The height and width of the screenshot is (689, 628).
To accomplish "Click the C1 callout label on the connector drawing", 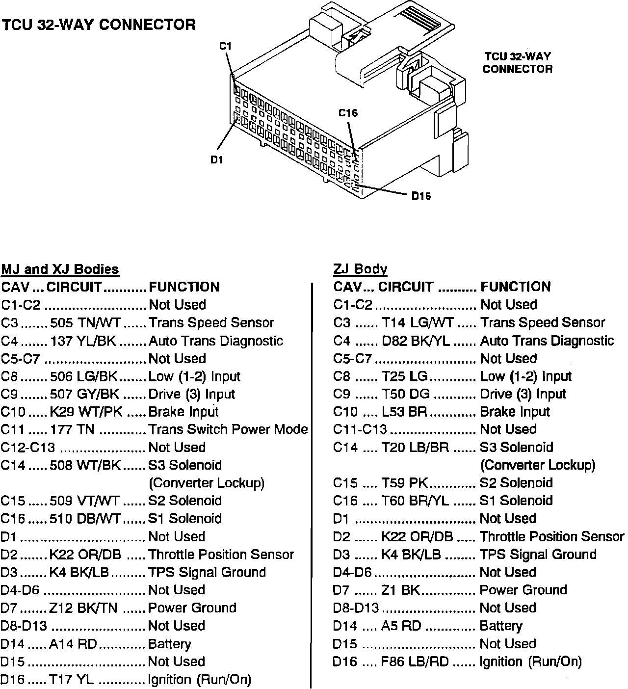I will pyautogui.click(x=225, y=47).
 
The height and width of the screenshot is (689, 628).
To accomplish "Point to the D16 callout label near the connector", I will pyautogui.click(x=421, y=196).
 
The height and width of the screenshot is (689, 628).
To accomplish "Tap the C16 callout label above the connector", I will pyautogui.click(x=348, y=113).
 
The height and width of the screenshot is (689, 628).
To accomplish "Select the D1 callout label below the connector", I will pyautogui.click(x=216, y=160).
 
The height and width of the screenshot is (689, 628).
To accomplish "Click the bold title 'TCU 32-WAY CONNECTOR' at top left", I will pyautogui.click(x=99, y=25).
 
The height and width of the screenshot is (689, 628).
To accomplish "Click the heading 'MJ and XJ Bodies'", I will pyautogui.click(x=60, y=269).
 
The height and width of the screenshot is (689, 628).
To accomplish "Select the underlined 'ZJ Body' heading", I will pyautogui.click(x=360, y=269).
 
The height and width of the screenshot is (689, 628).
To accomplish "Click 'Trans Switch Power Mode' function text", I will pyautogui.click(x=228, y=429).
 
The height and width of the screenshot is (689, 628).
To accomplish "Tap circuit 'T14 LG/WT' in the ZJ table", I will pyautogui.click(x=417, y=322).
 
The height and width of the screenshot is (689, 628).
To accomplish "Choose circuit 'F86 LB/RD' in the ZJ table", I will pyautogui.click(x=415, y=662).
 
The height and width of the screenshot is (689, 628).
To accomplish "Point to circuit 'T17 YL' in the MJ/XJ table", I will pyautogui.click(x=71, y=680).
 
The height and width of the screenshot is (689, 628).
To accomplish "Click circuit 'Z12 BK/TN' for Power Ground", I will pyautogui.click(x=83, y=608).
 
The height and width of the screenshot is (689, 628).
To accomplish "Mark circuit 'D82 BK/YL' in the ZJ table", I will pyautogui.click(x=416, y=341).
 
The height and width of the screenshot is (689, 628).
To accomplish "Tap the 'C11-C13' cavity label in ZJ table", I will pyautogui.click(x=360, y=429).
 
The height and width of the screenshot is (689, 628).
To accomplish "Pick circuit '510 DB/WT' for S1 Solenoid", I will pyautogui.click(x=85, y=519).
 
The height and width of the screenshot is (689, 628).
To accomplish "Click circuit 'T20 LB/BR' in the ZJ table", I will pyautogui.click(x=415, y=448).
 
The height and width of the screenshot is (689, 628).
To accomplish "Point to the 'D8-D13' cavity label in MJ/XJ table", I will pyautogui.click(x=24, y=626).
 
